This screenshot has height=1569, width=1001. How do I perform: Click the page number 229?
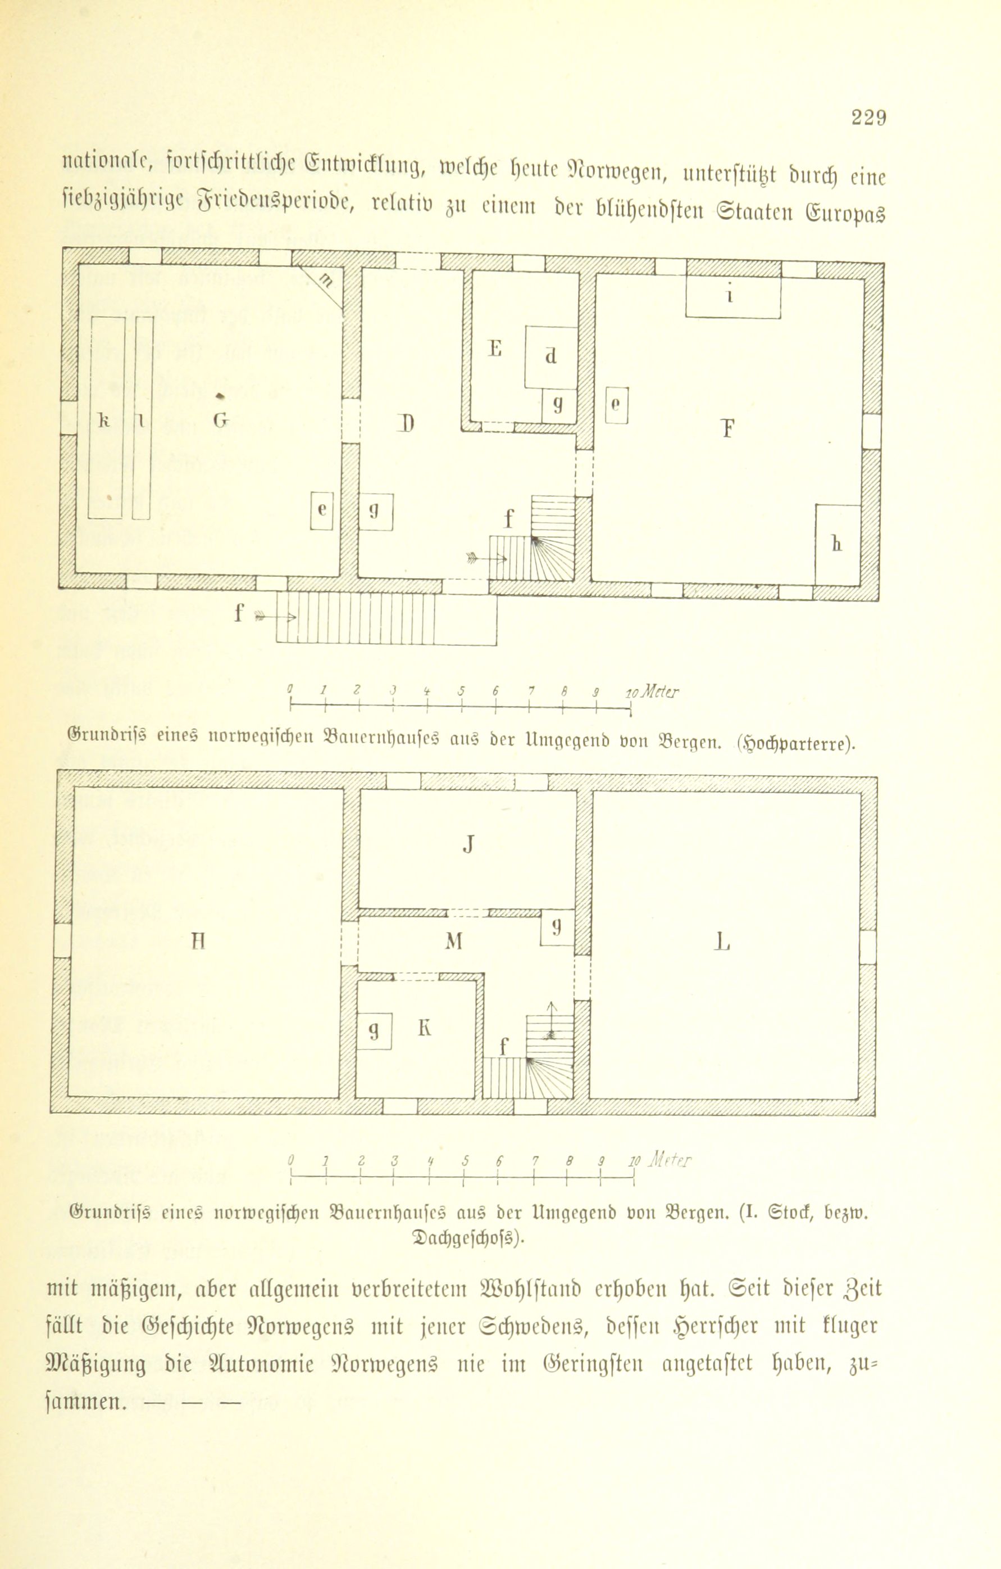pyautogui.click(x=867, y=119)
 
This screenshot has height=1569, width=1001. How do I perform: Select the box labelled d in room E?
pyautogui.click(x=551, y=357)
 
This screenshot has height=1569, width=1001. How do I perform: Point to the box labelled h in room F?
pyautogui.click(x=838, y=545)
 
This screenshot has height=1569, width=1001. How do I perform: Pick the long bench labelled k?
pyautogui.click(x=106, y=418)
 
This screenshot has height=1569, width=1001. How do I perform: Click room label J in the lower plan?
pyautogui.click(x=467, y=845)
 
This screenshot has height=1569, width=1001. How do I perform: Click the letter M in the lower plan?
pyautogui.click(x=454, y=941)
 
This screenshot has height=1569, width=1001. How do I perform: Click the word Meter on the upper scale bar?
pyautogui.click(x=658, y=692)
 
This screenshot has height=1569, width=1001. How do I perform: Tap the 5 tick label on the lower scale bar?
pyautogui.click(x=465, y=1160)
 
